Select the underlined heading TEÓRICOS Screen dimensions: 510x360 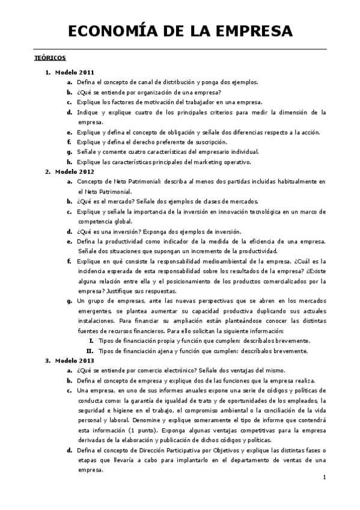point(49,58)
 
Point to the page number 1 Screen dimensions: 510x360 point(324,478)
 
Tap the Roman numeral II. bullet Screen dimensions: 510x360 point(90,351)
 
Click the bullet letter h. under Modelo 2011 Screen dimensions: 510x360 point(69,162)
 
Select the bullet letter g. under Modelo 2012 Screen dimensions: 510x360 point(69,301)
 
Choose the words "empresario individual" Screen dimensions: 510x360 point(227,152)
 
